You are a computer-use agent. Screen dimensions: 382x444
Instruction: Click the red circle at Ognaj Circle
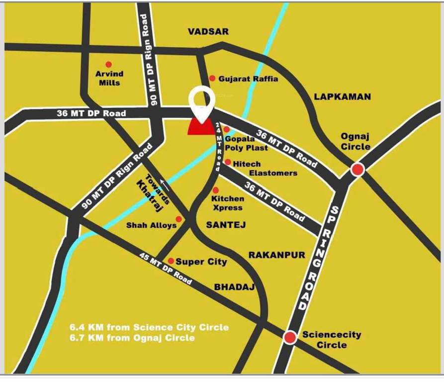coord(357,170)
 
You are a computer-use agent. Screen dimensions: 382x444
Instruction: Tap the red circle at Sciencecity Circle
coord(290,338)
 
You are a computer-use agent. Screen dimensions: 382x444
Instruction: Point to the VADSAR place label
coord(208,31)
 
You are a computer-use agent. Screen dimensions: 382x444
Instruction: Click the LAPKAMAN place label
coord(343,96)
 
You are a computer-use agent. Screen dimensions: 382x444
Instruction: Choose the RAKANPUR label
coord(277,255)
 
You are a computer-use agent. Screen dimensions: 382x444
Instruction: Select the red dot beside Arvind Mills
coord(108,64)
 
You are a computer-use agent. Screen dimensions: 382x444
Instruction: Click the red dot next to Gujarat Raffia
coord(212,78)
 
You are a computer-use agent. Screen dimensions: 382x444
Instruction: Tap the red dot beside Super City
coord(171,261)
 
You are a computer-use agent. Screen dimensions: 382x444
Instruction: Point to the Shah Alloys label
coord(151,225)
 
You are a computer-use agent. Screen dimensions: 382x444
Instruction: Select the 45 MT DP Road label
coord(166,270)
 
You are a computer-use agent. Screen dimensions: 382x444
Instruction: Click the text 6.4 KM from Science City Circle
coord(149,327)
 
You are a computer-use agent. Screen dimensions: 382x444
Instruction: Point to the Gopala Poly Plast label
coord(246,143)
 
